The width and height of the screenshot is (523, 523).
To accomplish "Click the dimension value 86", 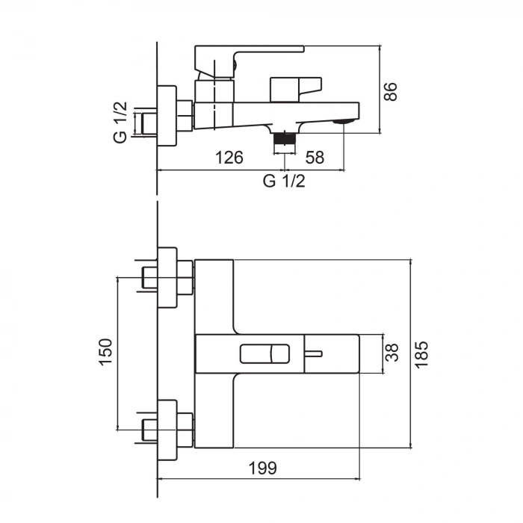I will (390, 90).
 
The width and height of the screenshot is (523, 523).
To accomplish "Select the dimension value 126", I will (229, 158).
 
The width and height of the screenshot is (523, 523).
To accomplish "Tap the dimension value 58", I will (315, 158).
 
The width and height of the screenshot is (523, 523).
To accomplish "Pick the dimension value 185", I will (421, 354).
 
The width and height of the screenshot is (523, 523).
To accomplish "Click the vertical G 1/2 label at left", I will (120, 123).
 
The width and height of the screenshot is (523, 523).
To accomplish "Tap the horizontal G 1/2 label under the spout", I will (284, 182).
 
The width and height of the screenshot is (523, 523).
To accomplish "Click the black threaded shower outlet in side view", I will (285, 139).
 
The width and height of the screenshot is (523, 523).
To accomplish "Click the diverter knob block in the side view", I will (296, 88).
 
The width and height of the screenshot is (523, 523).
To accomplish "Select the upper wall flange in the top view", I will (167, 278).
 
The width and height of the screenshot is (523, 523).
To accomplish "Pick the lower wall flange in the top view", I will (167, 429).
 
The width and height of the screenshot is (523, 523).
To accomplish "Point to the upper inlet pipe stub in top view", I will (148, 278).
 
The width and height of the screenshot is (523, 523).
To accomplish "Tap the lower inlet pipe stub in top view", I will (148, 429).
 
